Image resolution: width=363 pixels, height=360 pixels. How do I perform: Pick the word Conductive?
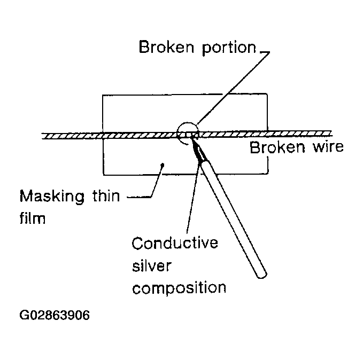tap(174, 244)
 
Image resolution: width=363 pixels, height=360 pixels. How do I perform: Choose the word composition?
tap(179, 288)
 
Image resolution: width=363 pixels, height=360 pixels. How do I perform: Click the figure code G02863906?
tap(55, 315)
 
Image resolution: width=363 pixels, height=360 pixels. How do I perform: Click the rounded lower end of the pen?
tap(260, 274)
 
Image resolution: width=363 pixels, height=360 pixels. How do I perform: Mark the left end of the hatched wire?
tap(43, 137)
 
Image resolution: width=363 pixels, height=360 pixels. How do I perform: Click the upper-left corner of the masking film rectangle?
tap(103, 95)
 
